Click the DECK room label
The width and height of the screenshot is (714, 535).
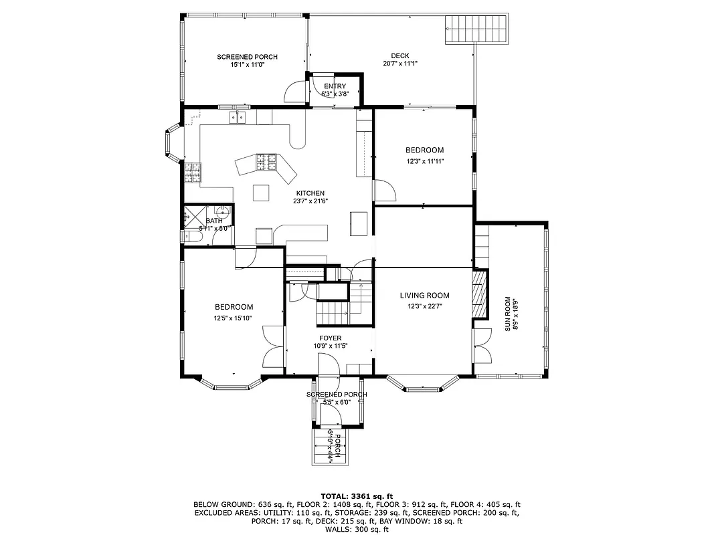click(x=400, y=56)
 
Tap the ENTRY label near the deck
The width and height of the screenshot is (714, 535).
click(x=335, y=86)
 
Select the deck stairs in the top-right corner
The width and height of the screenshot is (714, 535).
click(x=476, y=29)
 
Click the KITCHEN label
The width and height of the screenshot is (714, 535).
click(x=310, y=193)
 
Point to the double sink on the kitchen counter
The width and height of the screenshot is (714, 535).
click(x=237, y=118)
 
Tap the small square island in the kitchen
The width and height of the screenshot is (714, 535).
click(x=261, y=193)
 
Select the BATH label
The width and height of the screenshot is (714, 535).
click(x=214, y=221)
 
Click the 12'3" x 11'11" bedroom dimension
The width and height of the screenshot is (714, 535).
click(x=425, y=160)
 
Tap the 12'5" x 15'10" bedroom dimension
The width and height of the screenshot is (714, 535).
click(x=234, y=318)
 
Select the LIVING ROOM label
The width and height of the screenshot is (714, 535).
click(x=424, y=295)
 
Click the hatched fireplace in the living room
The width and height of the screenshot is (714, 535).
click(x=479, y=295)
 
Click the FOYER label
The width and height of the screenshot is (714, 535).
click(x=330, y=338)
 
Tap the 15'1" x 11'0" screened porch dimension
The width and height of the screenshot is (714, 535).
click(x=247, y=65)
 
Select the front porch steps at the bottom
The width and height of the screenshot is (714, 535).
click(x=327, y=447)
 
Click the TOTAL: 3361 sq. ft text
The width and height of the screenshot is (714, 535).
click(x=357, y=496)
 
